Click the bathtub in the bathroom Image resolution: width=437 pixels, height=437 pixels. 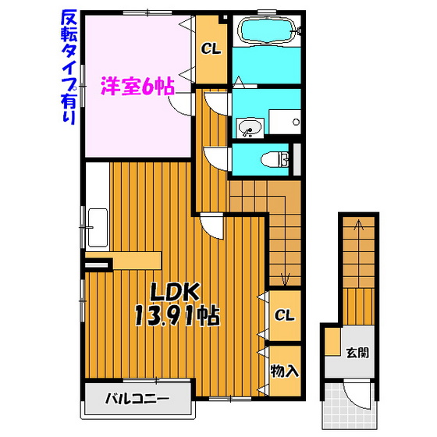[267, 30]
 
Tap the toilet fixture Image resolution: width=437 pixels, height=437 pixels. [275, 160]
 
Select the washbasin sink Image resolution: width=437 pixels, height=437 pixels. [250, 128]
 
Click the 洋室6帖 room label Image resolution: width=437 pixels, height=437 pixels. [137, 87]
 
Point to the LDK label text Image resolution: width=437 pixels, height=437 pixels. [175, 292]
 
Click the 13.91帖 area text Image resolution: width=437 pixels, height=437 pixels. [177, 316]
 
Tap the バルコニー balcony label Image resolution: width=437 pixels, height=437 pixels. [137, 399]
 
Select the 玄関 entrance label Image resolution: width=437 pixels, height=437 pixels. [357, 353]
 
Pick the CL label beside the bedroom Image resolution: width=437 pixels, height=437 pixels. [211, 49]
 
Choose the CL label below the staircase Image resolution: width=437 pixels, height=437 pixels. [284, 315]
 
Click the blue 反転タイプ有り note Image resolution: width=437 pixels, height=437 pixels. [69, 67]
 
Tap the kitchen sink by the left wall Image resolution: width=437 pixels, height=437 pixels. [98, 228]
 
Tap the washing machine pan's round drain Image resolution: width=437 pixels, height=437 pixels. [297, 122]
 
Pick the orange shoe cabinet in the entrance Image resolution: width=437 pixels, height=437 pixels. [333, 342]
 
